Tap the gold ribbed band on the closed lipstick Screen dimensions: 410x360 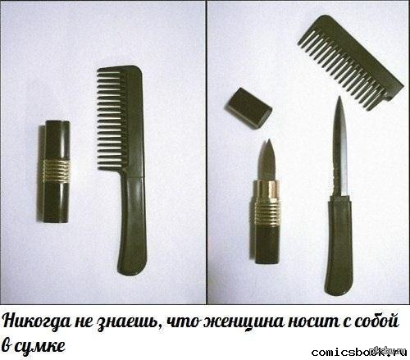click(x=57, y=171)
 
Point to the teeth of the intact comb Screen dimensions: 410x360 click(x=111, y=119)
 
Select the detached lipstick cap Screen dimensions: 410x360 click(x=248, y=108)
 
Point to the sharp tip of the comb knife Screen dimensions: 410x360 click(x=339, y=97)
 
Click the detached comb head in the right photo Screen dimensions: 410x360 click(x=351, y=62)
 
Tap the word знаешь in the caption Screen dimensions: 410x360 click(x=128, y=322)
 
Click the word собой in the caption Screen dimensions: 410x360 click(x=376, y=320)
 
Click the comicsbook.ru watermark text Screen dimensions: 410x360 click(x=359, y=353)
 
